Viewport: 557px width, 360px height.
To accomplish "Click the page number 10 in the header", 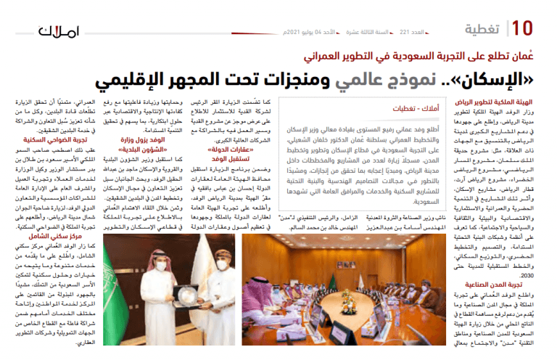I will [524, 29].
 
